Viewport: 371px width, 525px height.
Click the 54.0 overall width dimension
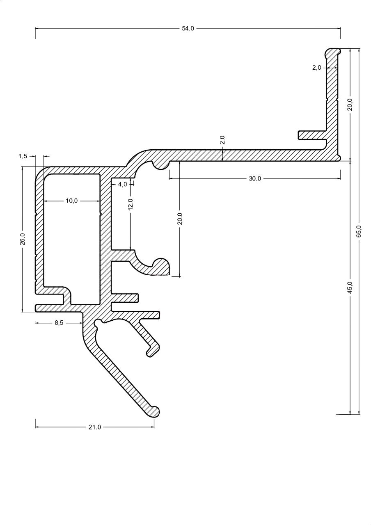(188, 28)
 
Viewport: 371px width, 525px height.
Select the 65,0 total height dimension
(359, 231)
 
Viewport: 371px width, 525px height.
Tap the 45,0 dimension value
(350, 288)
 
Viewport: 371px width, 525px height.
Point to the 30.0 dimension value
(255, 178)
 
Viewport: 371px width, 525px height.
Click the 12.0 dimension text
(131, 204)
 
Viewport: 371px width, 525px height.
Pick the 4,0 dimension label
(122, 185)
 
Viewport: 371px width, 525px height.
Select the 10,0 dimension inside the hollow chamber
(71, 201)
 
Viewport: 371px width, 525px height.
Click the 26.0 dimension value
(23, 239)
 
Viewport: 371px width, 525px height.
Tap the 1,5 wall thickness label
(23, 156)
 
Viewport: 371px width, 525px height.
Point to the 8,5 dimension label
(59, 323)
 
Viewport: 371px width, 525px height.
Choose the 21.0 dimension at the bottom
(94, 427)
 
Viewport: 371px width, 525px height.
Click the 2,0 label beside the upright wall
(316, 68)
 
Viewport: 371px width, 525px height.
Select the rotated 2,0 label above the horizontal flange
(222, 140)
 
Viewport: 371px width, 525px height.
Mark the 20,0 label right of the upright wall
(350, 105)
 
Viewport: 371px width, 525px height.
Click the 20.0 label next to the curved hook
(180, 219)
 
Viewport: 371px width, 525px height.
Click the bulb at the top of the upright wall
(332, 52)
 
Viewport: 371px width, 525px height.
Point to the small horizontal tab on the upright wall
(312, 135)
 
